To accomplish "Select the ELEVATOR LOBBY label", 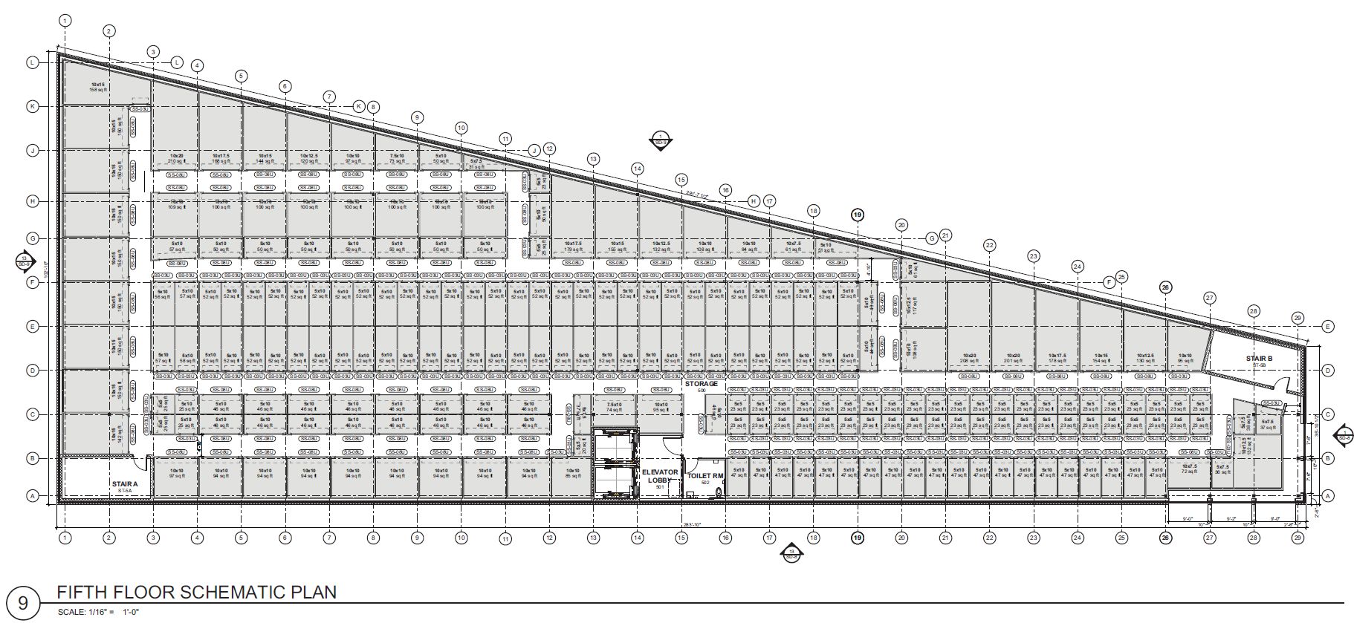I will coord(658,475).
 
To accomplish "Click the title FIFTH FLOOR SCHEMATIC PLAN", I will coord(196,593).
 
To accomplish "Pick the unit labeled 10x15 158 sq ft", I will coord(99,87).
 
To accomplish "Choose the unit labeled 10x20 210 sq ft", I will coord(175,159).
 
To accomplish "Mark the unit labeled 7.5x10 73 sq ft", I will coord(396,159).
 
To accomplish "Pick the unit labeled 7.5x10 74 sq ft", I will coord(613,407).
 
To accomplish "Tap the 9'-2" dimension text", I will coord(1230,520).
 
